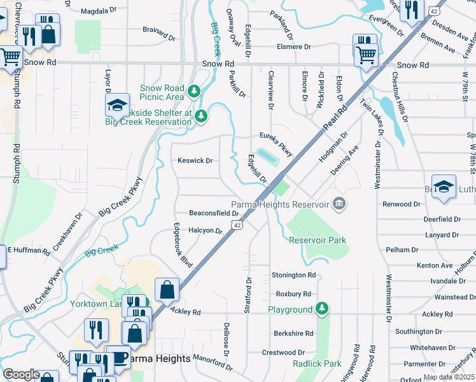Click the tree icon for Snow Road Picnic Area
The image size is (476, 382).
coord(193,92)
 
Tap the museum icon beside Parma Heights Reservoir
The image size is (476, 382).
coord(339,204)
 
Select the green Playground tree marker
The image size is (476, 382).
coord(323,309)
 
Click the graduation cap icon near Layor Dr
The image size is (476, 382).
coord(117,104)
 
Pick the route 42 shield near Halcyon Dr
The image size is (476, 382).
coord(237,225)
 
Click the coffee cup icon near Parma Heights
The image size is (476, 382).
coord(117,357)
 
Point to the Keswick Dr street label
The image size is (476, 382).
coord(195,160)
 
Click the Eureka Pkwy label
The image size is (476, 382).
coord(276,144)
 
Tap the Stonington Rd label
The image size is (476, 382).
coord(293,275)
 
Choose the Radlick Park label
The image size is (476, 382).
coord(318,364)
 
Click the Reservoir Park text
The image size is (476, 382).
coord(317,240)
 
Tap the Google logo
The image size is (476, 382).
coord(21,374)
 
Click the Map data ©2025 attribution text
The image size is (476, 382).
coord(449,377)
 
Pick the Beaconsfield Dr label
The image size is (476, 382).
coord(214,213)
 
